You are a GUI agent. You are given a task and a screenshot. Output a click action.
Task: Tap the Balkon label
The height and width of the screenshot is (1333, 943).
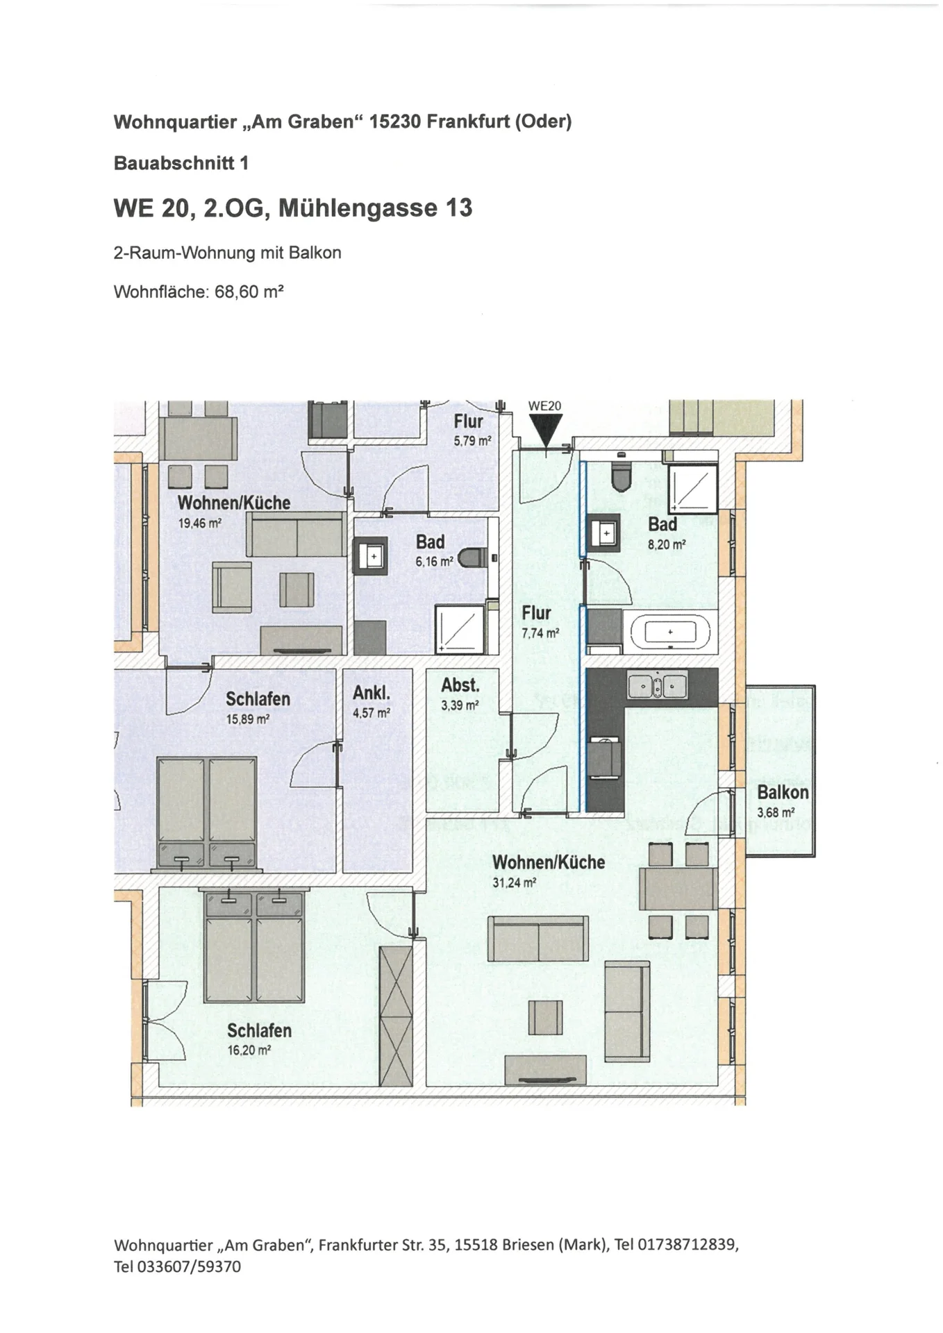[783, 792]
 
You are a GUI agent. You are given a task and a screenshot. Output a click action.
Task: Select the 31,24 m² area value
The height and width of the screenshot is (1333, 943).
[515, 883]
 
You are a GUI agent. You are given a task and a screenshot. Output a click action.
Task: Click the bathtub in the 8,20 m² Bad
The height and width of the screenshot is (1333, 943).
[670, 632]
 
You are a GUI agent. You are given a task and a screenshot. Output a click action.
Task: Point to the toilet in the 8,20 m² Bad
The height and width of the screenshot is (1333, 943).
[620, 472]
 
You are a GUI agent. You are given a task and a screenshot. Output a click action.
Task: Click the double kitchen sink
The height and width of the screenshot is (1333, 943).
[657, 685]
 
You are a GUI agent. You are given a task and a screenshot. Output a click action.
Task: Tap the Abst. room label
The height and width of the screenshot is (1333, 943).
[460, 685]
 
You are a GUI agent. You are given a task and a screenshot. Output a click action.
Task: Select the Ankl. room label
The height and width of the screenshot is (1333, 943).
[372, 692]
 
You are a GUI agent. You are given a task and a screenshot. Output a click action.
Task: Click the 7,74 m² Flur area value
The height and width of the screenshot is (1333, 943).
[540, 633]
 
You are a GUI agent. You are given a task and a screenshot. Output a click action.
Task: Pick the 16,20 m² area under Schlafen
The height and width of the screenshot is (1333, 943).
[249, 1050]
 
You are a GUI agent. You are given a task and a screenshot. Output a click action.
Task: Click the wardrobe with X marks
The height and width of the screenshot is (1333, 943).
[396, 1016]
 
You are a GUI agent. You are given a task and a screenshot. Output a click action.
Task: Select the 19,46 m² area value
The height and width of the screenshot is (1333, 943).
[200, 523]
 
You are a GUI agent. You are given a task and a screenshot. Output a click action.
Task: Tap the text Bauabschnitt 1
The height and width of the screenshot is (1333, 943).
[181, 163]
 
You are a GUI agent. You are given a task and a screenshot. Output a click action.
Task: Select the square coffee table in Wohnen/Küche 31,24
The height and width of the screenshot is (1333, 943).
[545, 1017]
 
